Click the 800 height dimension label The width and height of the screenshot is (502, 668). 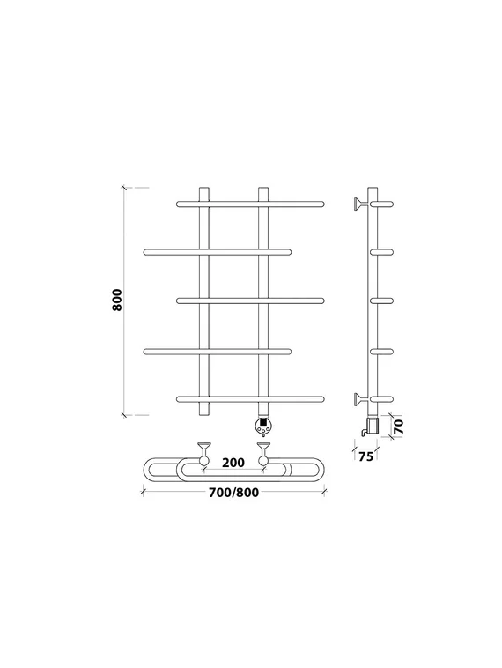tap(117, 300)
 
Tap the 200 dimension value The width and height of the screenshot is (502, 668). tap(233, 463)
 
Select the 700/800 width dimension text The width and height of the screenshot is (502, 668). tap(233, 493)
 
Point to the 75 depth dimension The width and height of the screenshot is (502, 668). tap(365, 456)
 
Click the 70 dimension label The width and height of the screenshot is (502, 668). tap(399, 426)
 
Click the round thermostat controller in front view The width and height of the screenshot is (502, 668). tap(262, 427)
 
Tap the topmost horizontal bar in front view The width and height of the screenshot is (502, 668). tap(250, 204)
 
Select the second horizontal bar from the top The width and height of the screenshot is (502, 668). tap(218, 252)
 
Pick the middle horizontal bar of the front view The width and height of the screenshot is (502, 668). tap(250, 301)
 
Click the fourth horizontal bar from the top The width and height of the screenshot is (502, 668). tap(218, 352)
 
